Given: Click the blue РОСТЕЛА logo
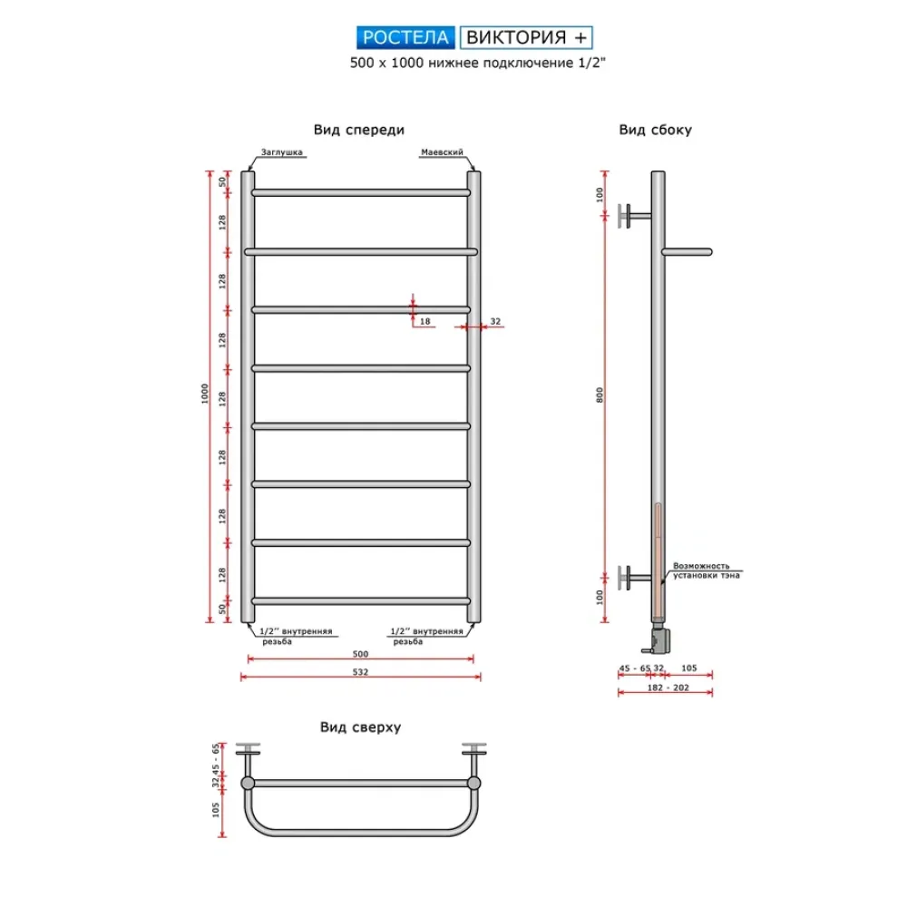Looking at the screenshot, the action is (405, 37).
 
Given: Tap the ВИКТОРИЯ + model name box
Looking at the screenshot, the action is (526, 37).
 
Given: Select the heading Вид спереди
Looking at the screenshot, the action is (358, 130).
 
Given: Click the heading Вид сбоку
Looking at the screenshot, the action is (656, 130).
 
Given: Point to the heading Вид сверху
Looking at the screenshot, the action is (360, 727).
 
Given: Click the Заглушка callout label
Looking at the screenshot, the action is (282, 152).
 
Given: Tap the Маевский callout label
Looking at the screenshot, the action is (442, 152).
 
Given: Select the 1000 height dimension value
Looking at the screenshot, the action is (205, 394).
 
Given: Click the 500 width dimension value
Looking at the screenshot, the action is (360, 654).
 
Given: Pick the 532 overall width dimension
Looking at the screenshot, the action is (360, 671).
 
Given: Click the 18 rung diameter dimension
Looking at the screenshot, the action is (425, 321).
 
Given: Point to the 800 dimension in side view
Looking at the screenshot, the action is (600, 395).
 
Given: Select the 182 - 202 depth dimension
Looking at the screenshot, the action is (668, 688).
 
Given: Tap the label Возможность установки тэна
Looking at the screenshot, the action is (707, 571).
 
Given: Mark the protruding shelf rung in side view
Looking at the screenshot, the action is (688, 251).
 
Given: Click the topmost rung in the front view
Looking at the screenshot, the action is (361, 192).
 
